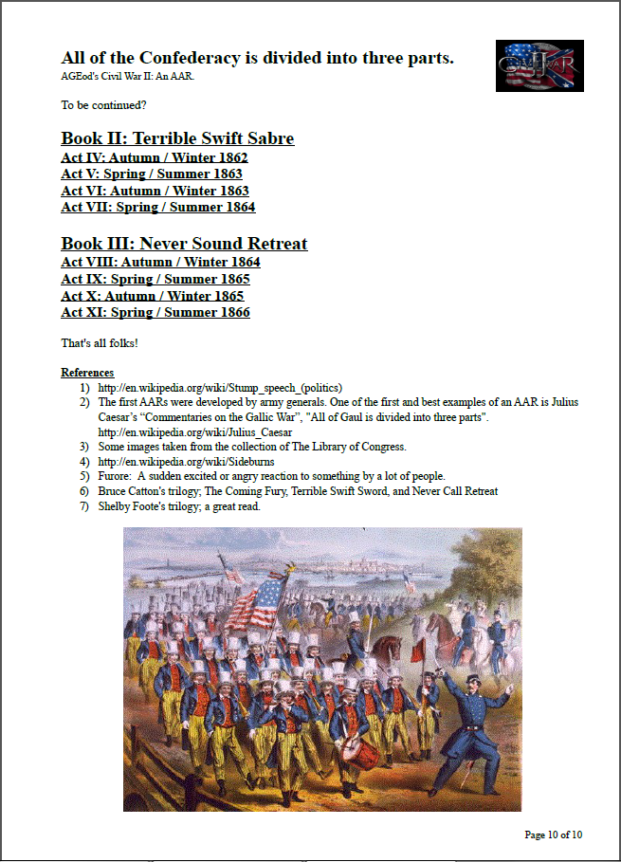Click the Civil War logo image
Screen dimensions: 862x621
point(539,66)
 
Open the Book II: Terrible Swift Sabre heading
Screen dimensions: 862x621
point(177,138)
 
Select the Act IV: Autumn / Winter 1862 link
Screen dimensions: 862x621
point(155,157)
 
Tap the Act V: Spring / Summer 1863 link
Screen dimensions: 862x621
point(152,174)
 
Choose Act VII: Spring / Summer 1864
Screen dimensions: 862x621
point(158,207)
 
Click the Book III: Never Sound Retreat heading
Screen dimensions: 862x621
point(184,244)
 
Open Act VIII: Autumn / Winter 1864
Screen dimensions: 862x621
point(160,262)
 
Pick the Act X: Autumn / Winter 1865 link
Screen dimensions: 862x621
point(153,296)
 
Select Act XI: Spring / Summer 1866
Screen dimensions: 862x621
point(155,312)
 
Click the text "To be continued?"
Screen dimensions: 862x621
point(103,104)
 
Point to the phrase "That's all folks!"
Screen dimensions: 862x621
point(100,342)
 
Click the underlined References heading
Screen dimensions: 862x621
point(87,373)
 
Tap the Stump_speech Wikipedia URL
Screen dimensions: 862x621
point(220,388)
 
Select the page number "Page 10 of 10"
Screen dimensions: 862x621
point(553,834)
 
